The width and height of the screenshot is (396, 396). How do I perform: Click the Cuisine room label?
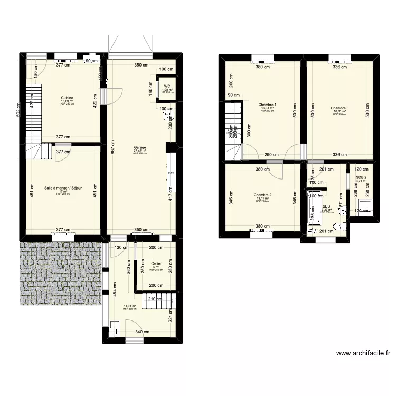[x=67, y=98]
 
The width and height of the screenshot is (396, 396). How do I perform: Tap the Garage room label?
[x=140, y=147]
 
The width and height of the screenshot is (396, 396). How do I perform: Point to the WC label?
[x=166, y=86]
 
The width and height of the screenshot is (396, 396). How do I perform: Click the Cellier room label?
[x=156, y=263]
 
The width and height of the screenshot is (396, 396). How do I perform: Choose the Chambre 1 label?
[x=268, y=105]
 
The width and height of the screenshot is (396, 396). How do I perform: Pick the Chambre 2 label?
[x=262, y=195]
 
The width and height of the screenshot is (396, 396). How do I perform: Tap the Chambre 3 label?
[x=340, y=108]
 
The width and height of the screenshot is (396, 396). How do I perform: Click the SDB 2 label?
[x=361, y=177]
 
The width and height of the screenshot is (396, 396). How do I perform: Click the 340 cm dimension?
[x=142, y=332]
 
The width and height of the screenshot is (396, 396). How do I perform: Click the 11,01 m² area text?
[x=130, y=306]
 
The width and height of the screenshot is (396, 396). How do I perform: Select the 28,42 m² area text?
[x=140, y=150]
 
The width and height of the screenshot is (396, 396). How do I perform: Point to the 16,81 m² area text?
[x=340, y=111]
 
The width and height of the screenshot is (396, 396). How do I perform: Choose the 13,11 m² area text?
[x=262, y=198]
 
